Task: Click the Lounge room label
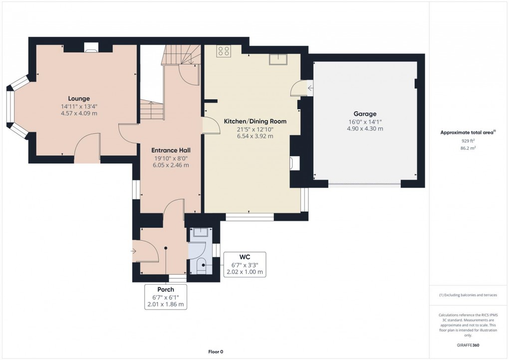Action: coord(79,98)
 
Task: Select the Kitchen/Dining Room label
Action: coord(248,121)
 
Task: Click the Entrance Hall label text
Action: coord(171,150)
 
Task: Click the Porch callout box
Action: coord(166,297)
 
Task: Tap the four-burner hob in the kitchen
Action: coord(223,51)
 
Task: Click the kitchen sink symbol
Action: coord(277,59)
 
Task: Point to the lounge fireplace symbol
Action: coord(91,48)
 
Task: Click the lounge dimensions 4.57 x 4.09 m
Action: coord(79,113)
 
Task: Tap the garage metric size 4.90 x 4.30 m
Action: coord(365,129)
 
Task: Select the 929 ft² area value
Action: coord(468,141)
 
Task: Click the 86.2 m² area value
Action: coord(468,148)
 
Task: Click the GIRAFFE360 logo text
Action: coord(468,345)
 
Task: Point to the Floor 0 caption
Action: coord(215,352)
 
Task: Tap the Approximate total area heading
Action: coord(467,132)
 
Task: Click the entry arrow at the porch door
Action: coord(134,251)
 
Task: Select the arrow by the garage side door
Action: coord(310,88)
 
